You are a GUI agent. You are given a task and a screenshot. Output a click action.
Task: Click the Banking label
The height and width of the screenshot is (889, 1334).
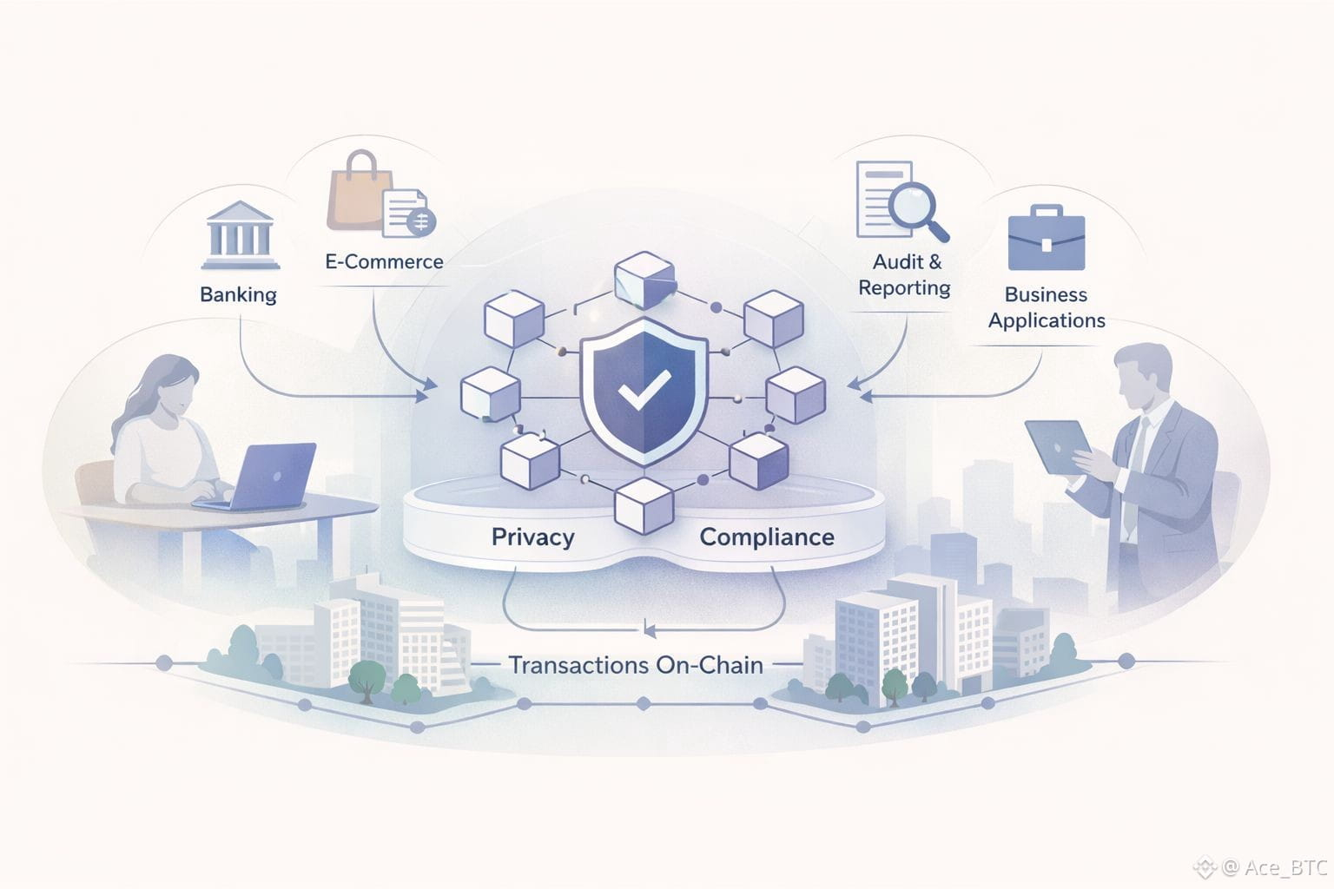(x=238, y=295)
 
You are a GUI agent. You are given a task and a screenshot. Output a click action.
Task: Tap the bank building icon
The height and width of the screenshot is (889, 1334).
(x=240, y=235)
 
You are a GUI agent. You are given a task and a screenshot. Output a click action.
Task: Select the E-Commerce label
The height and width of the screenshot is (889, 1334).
(x=384, y=261)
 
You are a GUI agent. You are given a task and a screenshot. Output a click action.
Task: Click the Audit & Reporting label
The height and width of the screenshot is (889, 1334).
(x=905, y=274)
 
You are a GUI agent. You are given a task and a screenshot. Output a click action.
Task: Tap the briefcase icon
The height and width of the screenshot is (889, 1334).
(x=1046, y=239)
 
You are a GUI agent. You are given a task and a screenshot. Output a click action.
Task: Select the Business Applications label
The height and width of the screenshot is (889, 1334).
(x=1047, y=307)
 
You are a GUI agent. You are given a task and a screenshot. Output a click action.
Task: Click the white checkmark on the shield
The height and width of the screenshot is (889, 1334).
(x=644, y=390)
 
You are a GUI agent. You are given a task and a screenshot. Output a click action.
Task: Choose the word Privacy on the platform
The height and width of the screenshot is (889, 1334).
(x=532, y=537)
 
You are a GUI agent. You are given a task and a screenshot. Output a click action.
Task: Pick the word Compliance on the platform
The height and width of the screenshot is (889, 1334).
(x=767, y=537)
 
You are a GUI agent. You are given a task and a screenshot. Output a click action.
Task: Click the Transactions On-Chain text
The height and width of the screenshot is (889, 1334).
(x=636, y=665)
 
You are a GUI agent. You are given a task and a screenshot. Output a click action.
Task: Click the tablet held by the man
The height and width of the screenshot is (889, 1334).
(x=1058, y=446)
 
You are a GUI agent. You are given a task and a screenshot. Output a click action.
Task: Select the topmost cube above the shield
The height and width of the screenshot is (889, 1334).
(x=644, y=280)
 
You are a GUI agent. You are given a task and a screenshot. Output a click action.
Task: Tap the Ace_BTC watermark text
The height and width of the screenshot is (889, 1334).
(x=1285, y=866)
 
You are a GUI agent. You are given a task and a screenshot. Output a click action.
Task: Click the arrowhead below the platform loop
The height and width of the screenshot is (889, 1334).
(x=647, y=629)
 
